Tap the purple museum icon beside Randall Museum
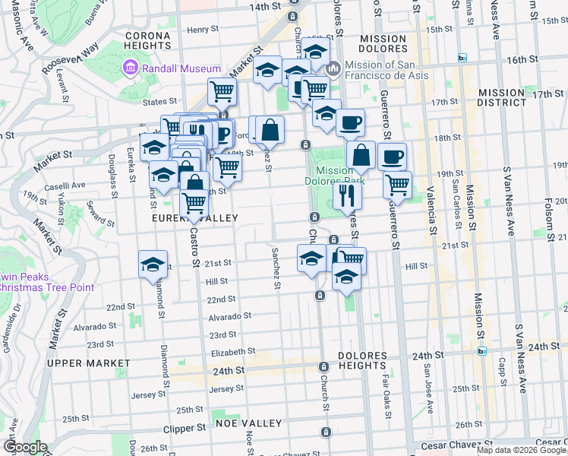(129, 69)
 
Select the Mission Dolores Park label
(334, 176)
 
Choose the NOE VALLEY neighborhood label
(248, 423)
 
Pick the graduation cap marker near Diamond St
(153, 264)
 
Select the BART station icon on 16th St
(462, 59)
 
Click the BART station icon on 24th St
(481, 351)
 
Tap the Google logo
(24, 447)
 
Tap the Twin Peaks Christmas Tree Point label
(47, 282)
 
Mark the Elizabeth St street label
(232, 353)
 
